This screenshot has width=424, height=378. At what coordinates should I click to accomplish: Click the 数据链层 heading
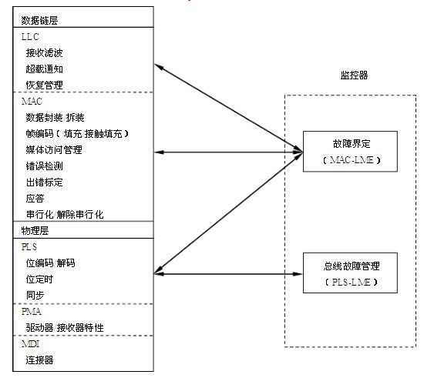coord(39,21)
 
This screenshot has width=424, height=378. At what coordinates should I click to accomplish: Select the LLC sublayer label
coord(30,37)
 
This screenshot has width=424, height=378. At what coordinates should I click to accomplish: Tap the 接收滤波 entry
coord(45,53)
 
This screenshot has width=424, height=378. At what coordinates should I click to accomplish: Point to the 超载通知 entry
coord(45,69)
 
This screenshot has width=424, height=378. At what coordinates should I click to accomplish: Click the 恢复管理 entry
coord(45,85)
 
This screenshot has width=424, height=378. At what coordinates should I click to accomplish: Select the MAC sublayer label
coord(32,102)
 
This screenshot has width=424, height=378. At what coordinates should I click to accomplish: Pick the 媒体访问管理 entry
coord(54,150)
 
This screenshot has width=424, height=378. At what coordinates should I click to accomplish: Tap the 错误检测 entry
coord(45,166)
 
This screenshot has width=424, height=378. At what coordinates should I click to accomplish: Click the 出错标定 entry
coord(45,182)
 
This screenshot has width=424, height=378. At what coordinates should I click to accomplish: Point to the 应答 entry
coord(35,199)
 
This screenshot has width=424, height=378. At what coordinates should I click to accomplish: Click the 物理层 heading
coord(35,231)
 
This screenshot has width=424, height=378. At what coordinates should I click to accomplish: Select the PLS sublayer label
coord(29,247)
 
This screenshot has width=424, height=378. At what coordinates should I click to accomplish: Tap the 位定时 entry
coord(39,279)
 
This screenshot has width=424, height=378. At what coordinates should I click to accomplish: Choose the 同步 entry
coord(35,295)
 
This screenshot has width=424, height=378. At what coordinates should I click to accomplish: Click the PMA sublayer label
coord(32,312)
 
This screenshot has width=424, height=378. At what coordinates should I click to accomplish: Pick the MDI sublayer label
coord(31,343)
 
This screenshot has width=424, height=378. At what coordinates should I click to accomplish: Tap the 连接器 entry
coord(39,360)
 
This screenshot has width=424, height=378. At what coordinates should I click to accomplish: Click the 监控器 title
coord(354,75)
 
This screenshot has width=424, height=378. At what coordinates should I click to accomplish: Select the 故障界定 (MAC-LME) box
coord(350,152)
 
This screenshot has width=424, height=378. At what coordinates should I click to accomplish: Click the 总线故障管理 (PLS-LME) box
coord(350,273)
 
